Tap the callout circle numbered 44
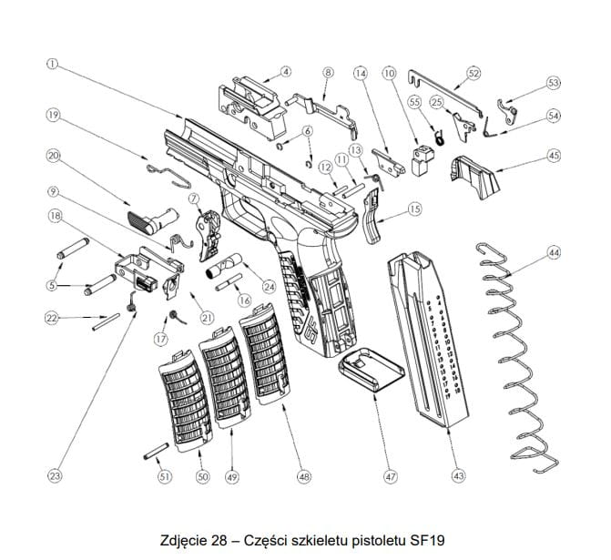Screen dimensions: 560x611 553,252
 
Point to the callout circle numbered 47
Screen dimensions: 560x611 390,476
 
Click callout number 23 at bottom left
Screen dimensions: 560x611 55,476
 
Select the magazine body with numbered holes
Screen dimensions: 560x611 428,337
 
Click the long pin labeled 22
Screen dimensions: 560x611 106,318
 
